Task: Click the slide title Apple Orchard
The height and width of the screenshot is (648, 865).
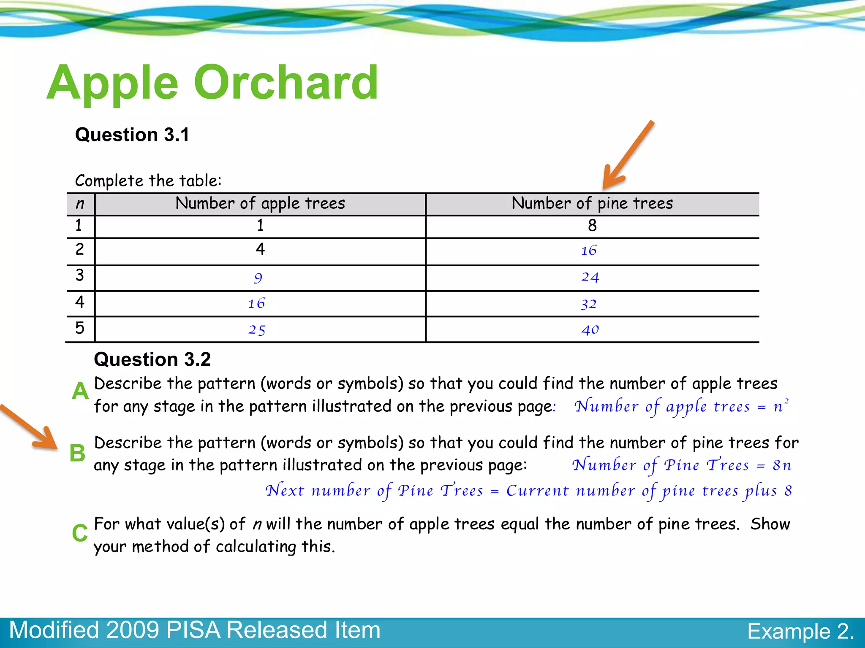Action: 212,83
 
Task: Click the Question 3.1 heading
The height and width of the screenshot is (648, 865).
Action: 132,135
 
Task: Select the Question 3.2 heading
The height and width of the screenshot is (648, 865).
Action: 152,359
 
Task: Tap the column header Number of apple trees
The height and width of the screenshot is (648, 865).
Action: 260,203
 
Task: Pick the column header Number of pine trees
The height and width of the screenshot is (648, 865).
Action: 592,203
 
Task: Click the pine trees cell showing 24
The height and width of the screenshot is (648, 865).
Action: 590,277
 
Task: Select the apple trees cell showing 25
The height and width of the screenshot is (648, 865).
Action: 257,330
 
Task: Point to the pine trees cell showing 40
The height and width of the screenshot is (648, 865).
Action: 590,329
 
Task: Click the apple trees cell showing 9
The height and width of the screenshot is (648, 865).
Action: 258,278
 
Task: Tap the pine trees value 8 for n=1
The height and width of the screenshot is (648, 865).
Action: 592,226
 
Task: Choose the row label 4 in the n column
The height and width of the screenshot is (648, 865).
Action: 79,302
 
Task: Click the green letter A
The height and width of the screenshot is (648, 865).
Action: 80,391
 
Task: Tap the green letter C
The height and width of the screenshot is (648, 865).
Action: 79,533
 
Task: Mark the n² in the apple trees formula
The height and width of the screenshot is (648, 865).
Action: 781,406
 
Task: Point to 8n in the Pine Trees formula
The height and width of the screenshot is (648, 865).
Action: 782,465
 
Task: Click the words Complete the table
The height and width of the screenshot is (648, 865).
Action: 148,181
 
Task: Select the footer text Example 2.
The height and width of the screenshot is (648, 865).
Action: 800,632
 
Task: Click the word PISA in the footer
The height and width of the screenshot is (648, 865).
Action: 193,630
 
